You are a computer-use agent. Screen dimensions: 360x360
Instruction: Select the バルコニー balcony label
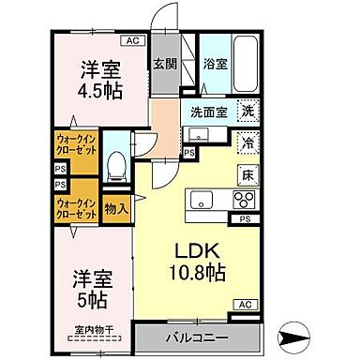coord(196,336)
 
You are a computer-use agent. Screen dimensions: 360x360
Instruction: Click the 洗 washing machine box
coord(247,110)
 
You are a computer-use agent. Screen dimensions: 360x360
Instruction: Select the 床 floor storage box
coord(247,175)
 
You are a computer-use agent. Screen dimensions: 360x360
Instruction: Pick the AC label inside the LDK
coord(243,306)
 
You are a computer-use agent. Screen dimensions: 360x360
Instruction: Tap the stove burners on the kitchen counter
coord(242,200)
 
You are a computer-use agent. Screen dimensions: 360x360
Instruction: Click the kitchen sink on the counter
coord(202,199)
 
